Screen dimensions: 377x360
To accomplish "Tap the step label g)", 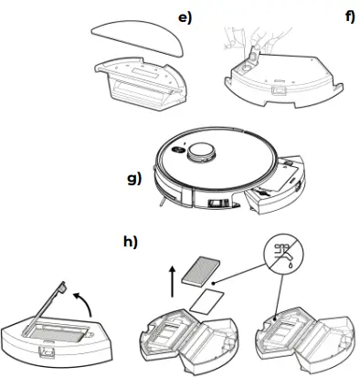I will [x=135, y=179].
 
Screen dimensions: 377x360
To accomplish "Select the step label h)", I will [x=131, y=242].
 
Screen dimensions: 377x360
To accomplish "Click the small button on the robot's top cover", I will [x=183, y=146].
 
